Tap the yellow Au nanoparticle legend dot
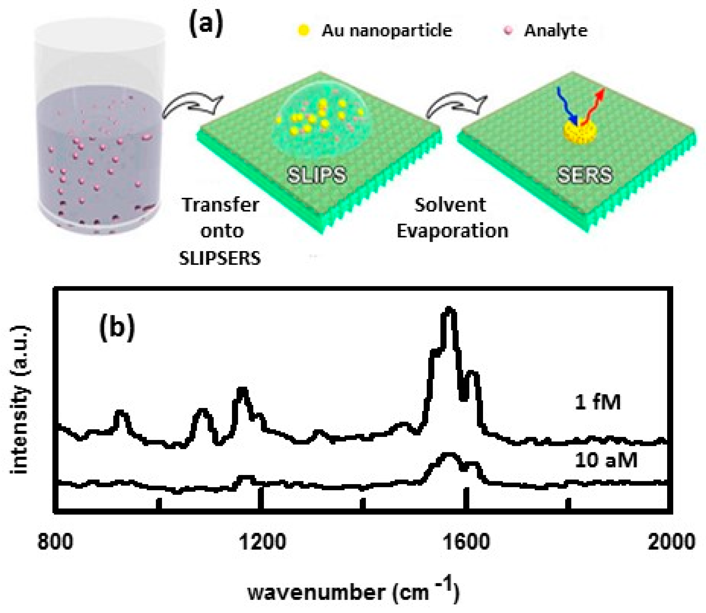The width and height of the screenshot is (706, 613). [303, 30]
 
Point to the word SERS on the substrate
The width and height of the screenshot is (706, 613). [584, 175]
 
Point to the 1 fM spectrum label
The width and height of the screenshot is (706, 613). [597, 403]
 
